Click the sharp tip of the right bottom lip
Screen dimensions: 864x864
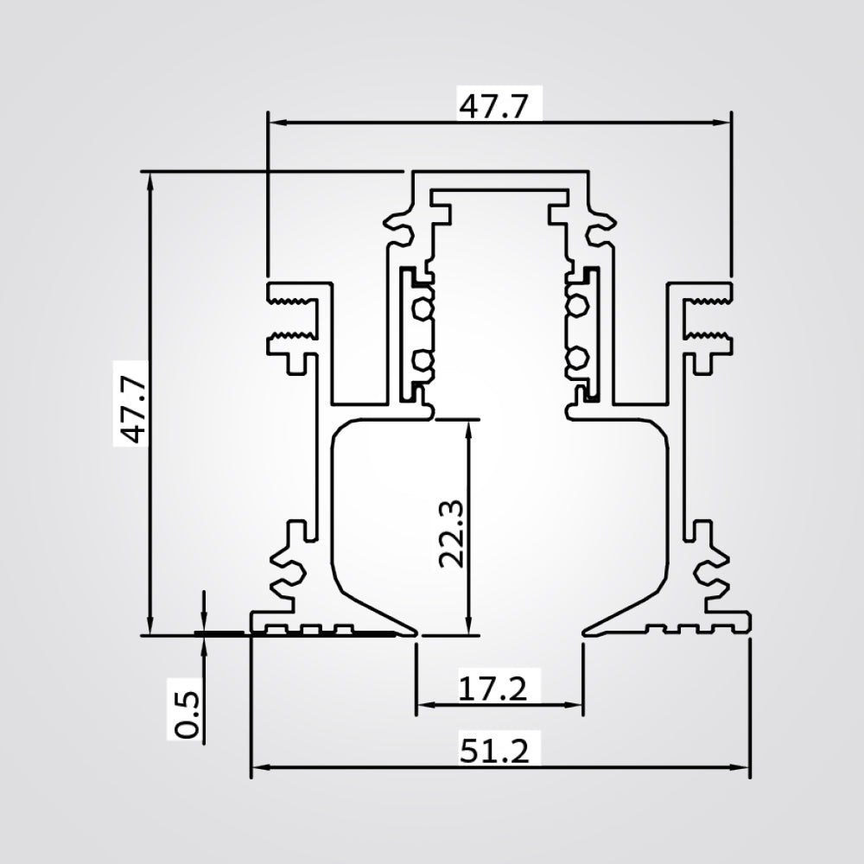pos(585,633)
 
